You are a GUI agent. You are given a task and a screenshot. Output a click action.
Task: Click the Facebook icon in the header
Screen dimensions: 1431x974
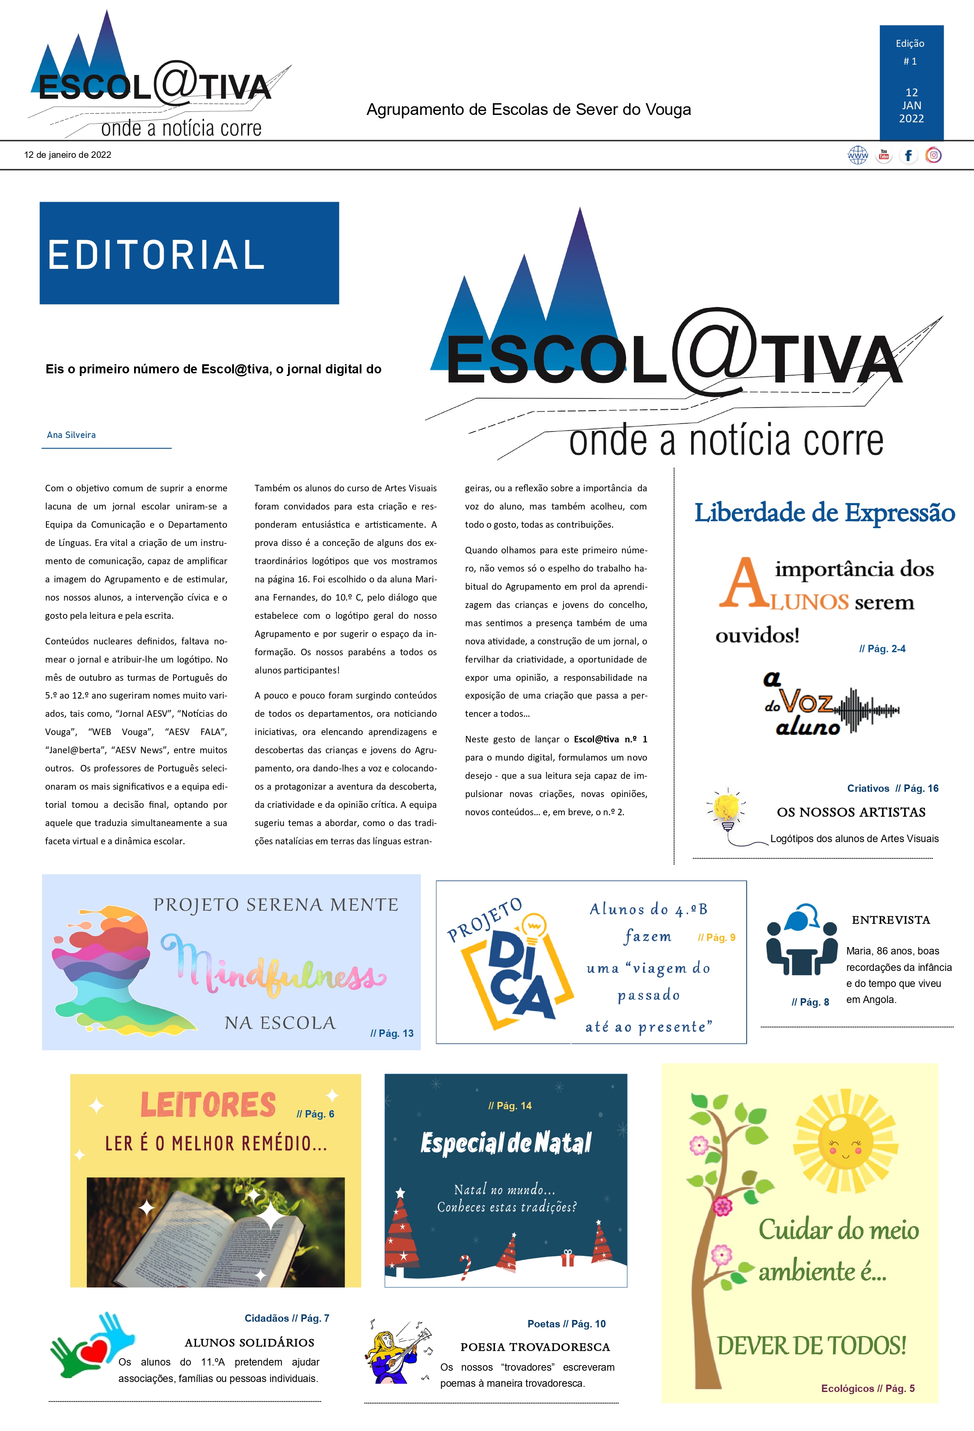click(908, 155)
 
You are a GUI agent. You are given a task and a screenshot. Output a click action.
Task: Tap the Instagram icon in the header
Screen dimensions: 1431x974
click(933, 155)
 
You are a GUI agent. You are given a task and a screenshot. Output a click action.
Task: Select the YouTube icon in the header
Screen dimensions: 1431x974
click(883, 155)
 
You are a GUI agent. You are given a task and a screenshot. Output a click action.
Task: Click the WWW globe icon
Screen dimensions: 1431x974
click(858, 155)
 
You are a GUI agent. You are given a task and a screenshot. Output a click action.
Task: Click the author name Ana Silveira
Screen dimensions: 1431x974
click(72, 435)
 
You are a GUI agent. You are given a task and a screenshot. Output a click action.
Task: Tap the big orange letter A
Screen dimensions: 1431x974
click(744, 583)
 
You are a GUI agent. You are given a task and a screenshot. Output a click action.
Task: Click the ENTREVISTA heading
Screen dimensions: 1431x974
click(890, 920)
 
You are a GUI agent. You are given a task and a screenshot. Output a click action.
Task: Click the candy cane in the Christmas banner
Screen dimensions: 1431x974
click(465, 1267)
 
